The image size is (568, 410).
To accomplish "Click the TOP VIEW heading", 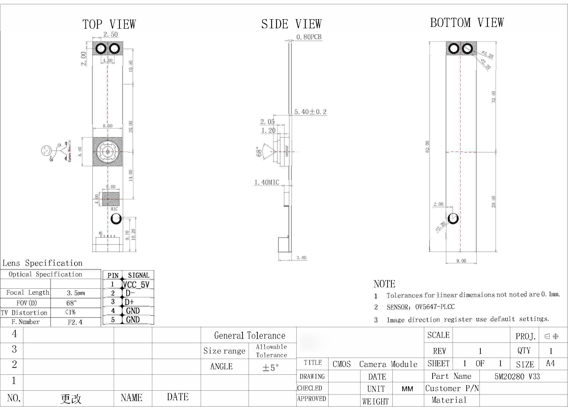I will point(109,24).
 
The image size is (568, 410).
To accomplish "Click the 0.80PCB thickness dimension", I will point(309,37).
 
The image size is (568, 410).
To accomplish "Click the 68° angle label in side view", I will point(259,152).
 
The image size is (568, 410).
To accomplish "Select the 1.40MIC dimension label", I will point(267,182).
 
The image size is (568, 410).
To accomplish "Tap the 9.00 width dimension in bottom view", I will point(461,261).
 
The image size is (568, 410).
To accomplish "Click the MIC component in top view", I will point(111,199).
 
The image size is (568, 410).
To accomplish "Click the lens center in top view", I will point(108,152).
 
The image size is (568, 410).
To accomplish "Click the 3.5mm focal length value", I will point(76,293).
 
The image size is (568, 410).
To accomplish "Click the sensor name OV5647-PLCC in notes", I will point(435,307).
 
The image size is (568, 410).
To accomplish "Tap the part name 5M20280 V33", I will point(517,376).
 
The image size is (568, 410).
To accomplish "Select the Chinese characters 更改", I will point(71,399).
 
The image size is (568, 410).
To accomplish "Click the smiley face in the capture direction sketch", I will point(46,150).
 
